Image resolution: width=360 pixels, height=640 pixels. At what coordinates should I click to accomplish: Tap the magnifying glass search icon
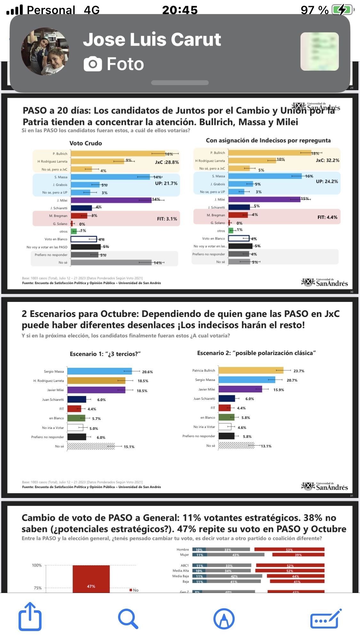(x=128, y=619)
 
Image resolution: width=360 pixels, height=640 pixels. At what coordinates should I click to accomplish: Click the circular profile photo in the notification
(x=45, y=51)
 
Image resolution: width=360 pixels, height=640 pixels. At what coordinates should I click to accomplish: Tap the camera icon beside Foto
(x=93, y=64)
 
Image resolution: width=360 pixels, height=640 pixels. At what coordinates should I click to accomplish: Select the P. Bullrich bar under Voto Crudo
(x=117, y=154)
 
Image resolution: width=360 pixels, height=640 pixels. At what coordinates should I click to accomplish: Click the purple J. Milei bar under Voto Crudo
(x=111, y=200)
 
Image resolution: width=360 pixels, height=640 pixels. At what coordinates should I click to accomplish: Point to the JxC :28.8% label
(x=167, y=162)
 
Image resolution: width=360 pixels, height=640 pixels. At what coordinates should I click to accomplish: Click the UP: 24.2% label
(x=327, y=181)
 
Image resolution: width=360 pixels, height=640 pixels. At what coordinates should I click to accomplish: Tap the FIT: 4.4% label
(x=327, y=217)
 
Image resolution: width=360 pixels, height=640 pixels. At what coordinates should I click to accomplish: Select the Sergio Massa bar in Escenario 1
(x=100, y=371)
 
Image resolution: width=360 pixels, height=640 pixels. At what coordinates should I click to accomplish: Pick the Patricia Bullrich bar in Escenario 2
(x=251, y=370)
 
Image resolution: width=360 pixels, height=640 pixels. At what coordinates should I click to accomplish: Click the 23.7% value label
(x=299, y=371)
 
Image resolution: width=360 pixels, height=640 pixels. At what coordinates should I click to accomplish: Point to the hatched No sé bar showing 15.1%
(x=91, y=446)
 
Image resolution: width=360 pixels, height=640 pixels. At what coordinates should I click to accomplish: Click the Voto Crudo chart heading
(x=86, y=143)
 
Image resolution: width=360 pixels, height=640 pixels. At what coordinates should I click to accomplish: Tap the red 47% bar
(x=91, y=579)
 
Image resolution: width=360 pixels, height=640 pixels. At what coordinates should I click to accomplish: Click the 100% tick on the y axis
(x=37, y=565)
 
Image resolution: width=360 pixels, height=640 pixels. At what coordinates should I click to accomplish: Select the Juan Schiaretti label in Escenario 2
(x=204, y=399)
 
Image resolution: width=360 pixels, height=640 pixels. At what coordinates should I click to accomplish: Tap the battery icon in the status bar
(x=342, y=10)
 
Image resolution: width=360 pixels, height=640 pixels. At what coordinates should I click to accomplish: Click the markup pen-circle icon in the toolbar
(x=224, y=619)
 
